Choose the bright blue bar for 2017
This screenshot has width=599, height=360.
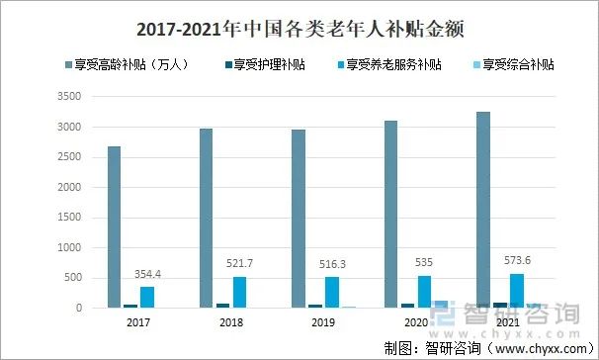(x=146, y=297)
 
